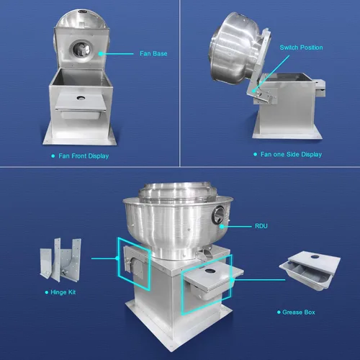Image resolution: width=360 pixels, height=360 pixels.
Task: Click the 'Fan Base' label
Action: (153, 53)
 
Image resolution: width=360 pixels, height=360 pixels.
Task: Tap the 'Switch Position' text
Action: (301, 48)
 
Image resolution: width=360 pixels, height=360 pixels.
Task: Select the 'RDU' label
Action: (261, 226)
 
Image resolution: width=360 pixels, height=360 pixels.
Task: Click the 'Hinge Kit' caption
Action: (63, 292)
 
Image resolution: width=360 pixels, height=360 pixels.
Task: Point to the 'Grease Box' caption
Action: (299, 312)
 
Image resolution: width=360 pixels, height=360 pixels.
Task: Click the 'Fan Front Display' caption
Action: (84, 156)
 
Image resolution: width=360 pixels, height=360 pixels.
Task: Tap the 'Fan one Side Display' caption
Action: (291, 154)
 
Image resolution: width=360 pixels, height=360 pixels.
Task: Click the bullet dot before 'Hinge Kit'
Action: (47, 292)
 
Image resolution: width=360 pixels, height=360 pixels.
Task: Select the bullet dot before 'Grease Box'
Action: (279, 312)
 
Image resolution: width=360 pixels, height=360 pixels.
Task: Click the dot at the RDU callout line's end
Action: (222, 226)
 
